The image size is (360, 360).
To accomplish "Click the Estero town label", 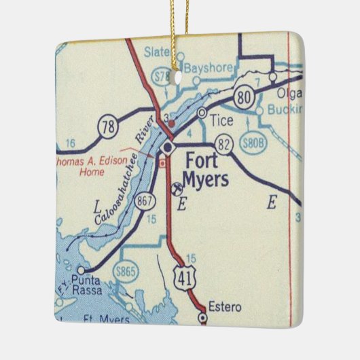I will [x=224, y=307].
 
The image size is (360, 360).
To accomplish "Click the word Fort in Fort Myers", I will [x=203, y=163].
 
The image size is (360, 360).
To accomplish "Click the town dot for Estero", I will [x=202, y=317].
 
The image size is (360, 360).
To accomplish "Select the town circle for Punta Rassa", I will [x=82, y=270].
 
